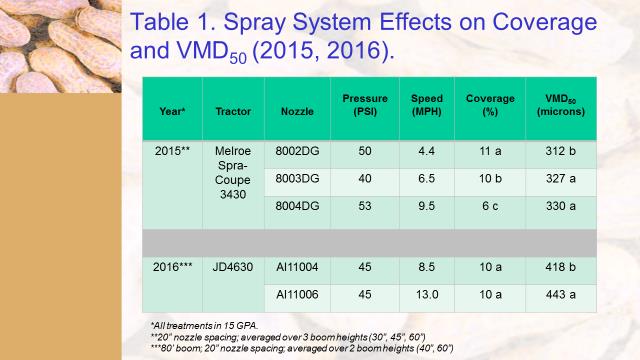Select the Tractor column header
coord(233,111)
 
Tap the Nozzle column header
coord(298,111)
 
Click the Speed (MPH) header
coord(427,105)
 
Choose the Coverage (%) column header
coord(490,105)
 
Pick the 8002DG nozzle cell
coord(298,149)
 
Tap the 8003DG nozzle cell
coord(298,177)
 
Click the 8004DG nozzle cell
coord(298,205)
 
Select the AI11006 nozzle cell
coord(297,295)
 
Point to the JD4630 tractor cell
coord(232,267)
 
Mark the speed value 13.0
coord(427,295)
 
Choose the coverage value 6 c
coord(490,205)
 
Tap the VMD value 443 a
coord(560,295)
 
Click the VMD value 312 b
coord(560,149)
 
